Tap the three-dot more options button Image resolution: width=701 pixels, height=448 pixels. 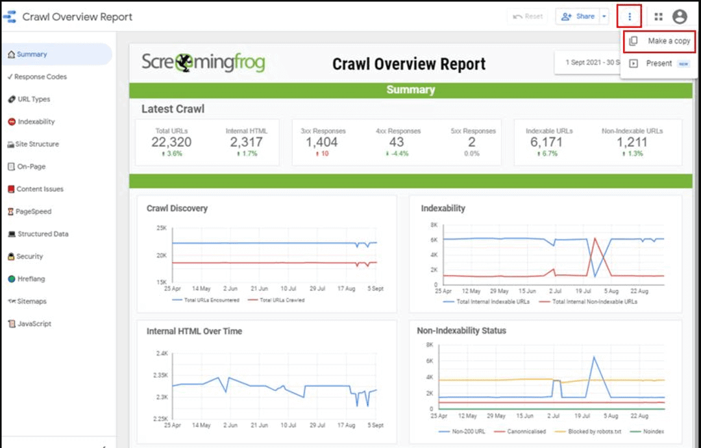pos(629,17)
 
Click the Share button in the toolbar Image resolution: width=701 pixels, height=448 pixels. pos(578,17)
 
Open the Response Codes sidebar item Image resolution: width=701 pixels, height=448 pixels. pos(40,77)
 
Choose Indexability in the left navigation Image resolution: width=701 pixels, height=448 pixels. pos(36,122)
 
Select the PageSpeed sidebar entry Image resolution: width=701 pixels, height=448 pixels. pos(34,211)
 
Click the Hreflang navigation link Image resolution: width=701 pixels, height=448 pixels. pos(31,279)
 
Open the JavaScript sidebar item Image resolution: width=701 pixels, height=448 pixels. pos(34,324)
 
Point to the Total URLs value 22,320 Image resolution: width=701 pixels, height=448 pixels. pos(171,142)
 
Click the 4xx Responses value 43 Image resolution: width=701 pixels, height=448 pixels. pos(397,142)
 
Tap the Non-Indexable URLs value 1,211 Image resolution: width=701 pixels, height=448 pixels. pos(632,142)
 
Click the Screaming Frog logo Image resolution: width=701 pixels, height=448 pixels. pos(203,63)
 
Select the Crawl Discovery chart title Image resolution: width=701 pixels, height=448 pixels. pos(177,209)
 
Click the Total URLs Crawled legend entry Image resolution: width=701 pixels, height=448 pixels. pos(282,300)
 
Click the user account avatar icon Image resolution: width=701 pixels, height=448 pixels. pos(680,17)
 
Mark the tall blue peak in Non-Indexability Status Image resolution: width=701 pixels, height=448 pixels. pos(593,357)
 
